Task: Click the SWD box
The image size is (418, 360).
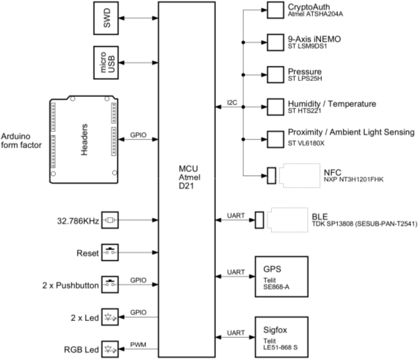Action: click(106, 18)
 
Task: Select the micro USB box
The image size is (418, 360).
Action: click(106, 63)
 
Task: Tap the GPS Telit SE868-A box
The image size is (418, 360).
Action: click(282, 277)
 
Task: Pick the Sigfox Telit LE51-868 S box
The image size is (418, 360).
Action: click(282, 337)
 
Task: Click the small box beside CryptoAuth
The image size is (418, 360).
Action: click(275, 10)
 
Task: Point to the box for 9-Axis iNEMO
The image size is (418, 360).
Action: click(275, 42)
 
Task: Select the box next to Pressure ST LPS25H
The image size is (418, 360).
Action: click(275, 75)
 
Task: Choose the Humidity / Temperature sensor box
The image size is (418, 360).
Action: click(275, 107)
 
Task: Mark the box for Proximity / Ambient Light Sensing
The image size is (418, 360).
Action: click(275, 139)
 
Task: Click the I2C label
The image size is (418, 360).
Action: click(232, 102)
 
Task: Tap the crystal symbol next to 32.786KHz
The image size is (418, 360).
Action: click(110, 220)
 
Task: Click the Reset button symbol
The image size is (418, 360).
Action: click(110, 252)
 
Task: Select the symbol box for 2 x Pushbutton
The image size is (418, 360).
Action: click(110, 285)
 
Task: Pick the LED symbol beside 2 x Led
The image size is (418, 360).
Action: click(110, 317)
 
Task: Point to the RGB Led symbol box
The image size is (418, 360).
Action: click(110, 349)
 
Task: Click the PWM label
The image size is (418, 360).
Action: click(138, 345)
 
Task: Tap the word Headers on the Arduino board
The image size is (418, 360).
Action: click(84, 140)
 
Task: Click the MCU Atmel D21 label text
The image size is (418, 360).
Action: click(190, 177)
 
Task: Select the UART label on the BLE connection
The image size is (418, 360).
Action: click(236, 215)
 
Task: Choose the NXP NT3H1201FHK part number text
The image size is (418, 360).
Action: click(353, 180)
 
